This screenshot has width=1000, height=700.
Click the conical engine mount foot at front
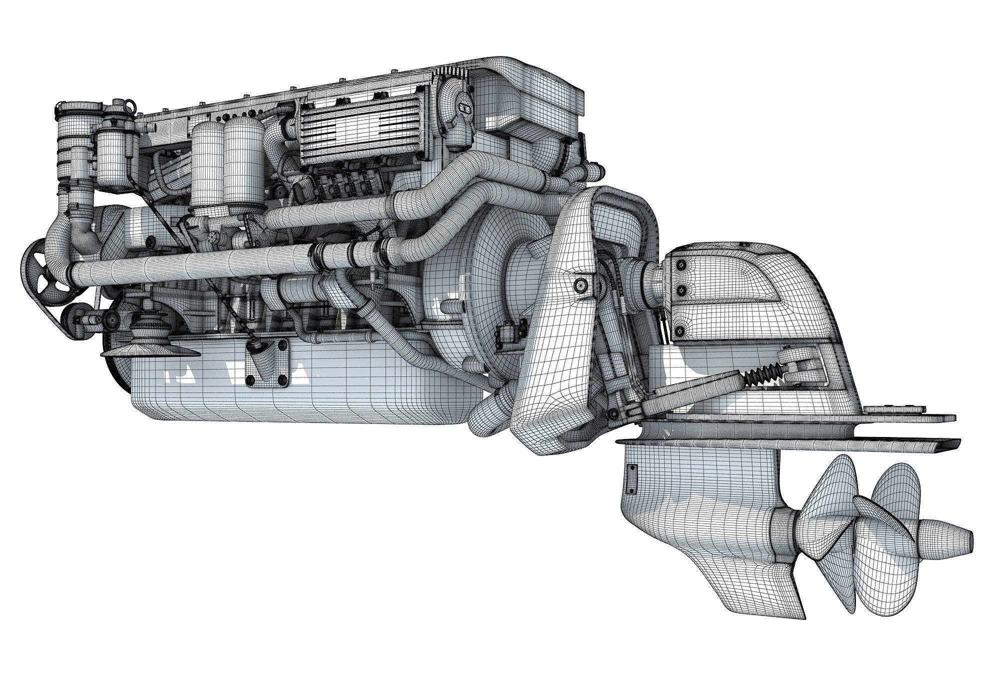[150, 345]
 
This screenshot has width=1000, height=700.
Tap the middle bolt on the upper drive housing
[680, 290]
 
